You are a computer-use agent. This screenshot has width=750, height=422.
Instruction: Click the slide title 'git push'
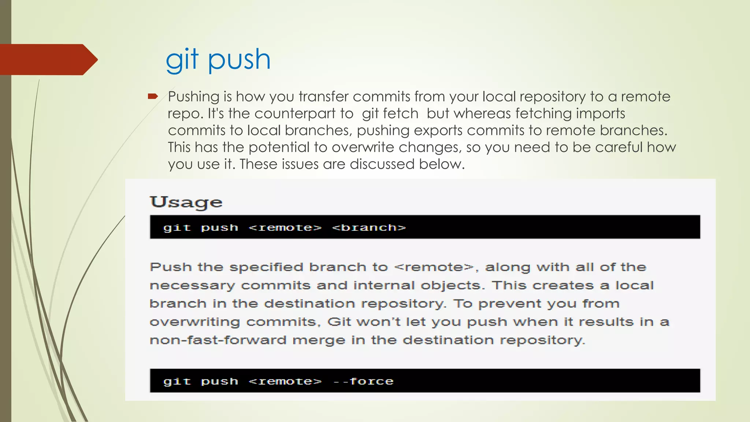point(218,59)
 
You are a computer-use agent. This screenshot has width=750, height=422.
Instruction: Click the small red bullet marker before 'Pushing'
point(153,97)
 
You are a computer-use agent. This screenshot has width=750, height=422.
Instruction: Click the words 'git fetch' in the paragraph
point(390,114)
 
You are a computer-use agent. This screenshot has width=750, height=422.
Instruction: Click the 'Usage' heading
point(186,202)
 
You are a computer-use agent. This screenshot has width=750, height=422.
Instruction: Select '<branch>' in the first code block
point(369,227)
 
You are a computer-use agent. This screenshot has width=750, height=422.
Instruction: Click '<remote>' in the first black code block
point(285,227)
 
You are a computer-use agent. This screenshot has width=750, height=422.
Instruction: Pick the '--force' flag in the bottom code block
point(364,381)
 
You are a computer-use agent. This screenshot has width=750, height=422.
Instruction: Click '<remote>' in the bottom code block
point(285,381)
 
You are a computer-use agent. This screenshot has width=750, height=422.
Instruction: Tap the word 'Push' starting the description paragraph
point(171,267)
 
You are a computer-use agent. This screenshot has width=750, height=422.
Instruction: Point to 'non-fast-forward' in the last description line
point(218,340)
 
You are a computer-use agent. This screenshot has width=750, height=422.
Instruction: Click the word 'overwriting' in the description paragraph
point(195,322)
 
